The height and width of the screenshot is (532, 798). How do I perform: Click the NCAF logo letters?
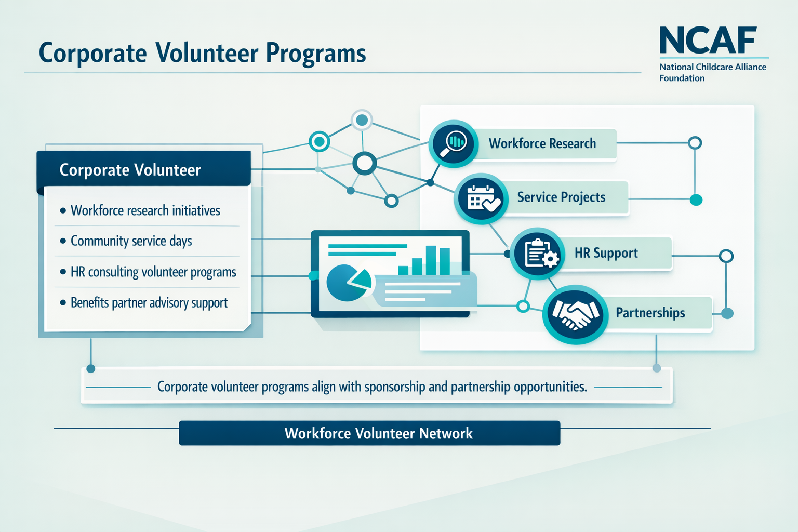tap(708, 40)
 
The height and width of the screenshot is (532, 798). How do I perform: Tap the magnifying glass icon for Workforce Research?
tap(453, 144)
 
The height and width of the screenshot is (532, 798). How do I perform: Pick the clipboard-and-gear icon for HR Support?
tap(537, 254)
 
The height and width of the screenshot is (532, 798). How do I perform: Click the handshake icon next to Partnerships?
tap(575, 314)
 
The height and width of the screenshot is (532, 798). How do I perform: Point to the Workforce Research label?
tap(542, 143)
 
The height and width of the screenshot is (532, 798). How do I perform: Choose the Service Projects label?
tap(561, 197)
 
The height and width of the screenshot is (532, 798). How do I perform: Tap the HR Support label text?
tap(606, 253)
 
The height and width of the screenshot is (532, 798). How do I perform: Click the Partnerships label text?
tap(650, 313)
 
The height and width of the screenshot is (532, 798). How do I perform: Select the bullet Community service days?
tap(131, 241)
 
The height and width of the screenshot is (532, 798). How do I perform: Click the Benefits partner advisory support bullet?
tap(149, 303)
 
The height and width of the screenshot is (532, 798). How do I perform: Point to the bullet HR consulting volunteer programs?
tap(153, 272)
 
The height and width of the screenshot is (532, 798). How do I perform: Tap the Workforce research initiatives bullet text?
tap(145, 210)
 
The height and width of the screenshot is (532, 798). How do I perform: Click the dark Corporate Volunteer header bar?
tap(144, 169)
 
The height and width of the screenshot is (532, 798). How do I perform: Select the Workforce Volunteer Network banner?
tap(369, 433)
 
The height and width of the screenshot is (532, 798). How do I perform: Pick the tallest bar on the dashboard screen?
tap(431, 260)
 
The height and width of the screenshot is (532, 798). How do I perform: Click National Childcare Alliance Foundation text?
tap(712, 72)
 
